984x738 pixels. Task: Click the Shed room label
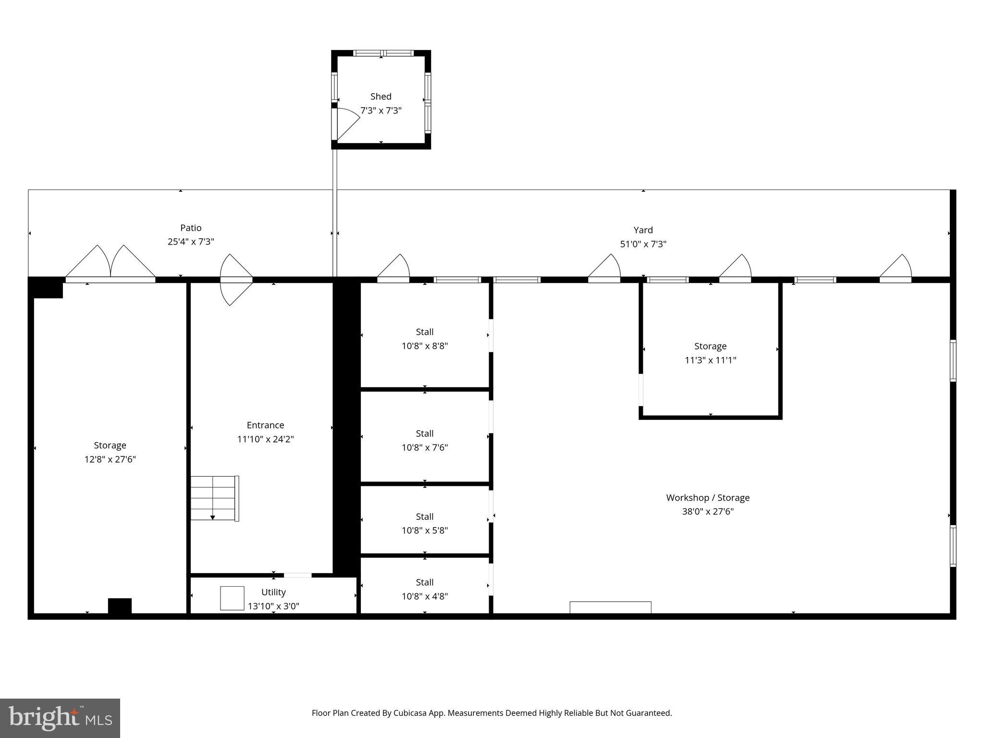click(x=381, y=97)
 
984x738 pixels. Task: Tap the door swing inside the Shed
click(x=347, y=123)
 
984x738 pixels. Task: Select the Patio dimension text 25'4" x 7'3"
click(x=191, y=242)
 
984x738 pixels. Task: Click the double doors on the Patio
click(x=111, y=263)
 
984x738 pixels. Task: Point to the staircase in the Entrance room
click(x=214, y=498)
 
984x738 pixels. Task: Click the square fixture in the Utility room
click(x=232, y=598)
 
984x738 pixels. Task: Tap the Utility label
click(x=273, y=592)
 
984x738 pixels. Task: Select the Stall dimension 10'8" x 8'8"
click(x=425, y=346)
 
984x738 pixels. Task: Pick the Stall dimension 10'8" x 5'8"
click(x=425, y=530)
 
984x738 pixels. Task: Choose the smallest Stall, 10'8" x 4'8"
click(x=425, y=589)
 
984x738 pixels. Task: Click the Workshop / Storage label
click(x=707, y=498)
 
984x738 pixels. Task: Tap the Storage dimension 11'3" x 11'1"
click(x=710, y=360)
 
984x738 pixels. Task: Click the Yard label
click(x=643, y=230)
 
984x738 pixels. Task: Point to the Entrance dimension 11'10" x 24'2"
click(x=265, y=439)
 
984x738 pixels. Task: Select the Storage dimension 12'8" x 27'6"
click(x=110, y=459)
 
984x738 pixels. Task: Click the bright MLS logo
click(x=60, y=718)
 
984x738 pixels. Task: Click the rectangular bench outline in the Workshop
click(x=610, y=607)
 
